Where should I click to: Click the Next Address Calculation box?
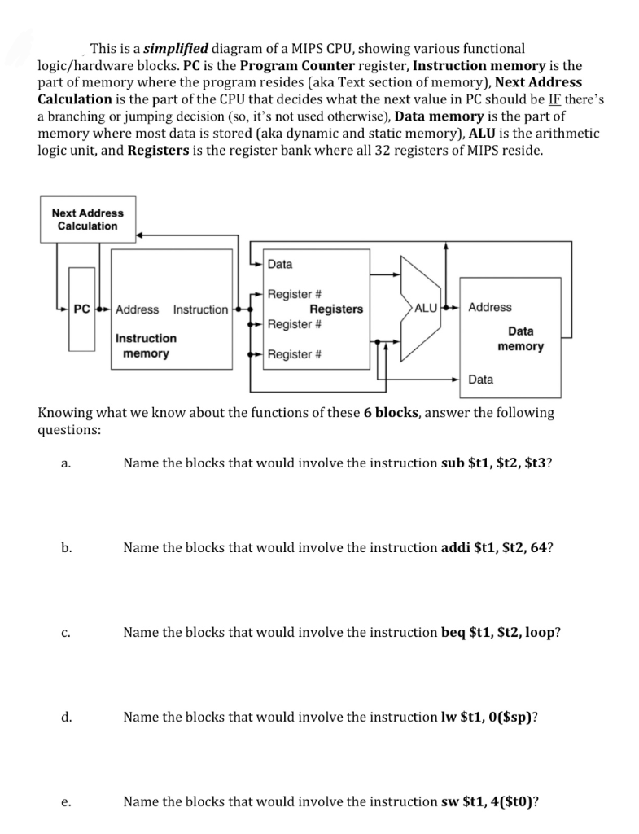pos(88,219)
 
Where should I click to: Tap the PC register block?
pos(81,309)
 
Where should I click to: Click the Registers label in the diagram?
pos(336,309)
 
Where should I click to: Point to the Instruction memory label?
pos(146,345)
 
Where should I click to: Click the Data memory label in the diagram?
pos(520,339)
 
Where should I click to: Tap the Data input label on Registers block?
pos(280,264)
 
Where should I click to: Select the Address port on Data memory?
pos(490,307)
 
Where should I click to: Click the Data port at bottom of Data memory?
pos(481,380)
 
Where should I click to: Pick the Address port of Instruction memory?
pos(138,309)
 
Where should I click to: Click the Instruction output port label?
pos(200,309)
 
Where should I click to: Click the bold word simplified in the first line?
pos(175,49)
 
